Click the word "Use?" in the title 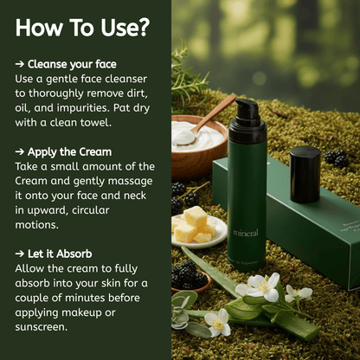[125, 28]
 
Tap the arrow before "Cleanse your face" [20, 64]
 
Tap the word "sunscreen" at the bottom [41, 327]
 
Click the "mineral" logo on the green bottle [246, 233]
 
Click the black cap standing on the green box [305, 175]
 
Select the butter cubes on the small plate [195, 225]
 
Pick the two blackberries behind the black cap [337, 158]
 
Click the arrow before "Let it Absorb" [20, 254]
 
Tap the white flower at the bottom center [218, 322]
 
